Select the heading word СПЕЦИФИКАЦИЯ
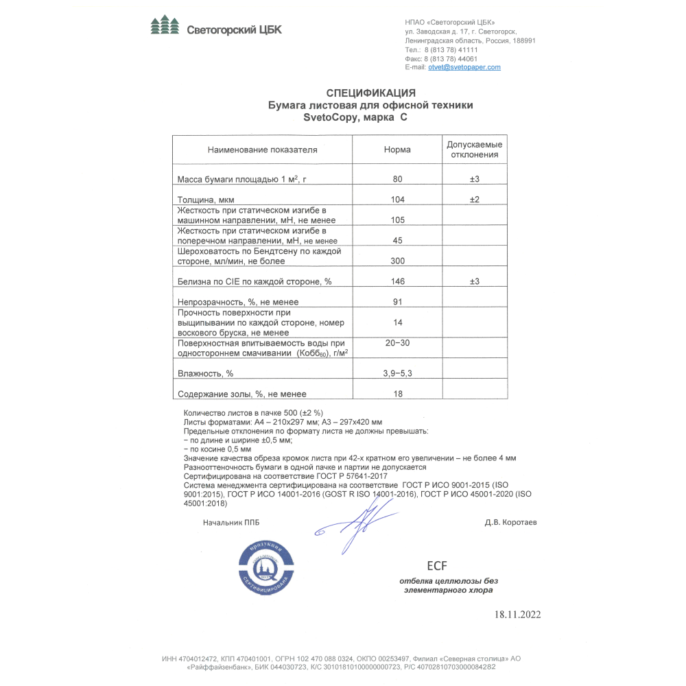370,93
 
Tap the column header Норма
397,150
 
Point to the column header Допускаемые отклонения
474,150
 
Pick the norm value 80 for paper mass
397,179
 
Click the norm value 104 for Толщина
397,200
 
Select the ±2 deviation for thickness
474,200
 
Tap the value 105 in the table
397,220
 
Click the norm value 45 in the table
397,241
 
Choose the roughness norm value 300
397,261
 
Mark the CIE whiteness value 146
397,281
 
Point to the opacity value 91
397,302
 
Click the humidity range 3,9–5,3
397,373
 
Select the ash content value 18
397,394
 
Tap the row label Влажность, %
206,374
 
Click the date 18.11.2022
517,615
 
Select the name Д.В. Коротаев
510,522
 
